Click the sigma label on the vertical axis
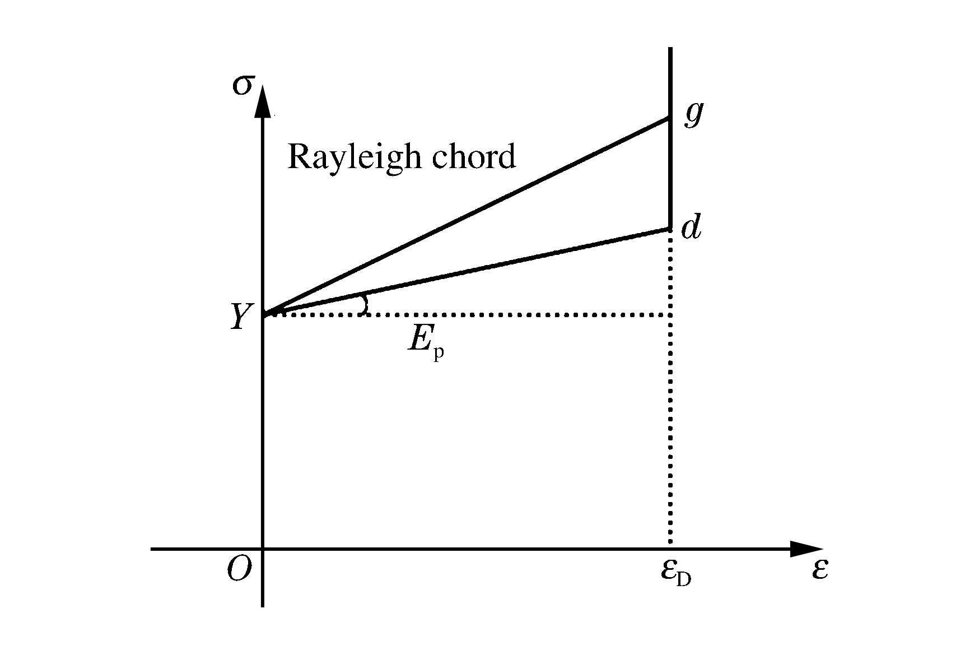pyautogui.click(x=240, y=87)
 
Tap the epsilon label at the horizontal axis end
pyautogui.click(x=819, y=570)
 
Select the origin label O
pyautogui.click(x=239, y=570)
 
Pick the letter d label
pyautogui.click(x=691, y=228)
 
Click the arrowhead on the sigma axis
pyautogui.click(x=263, y=101)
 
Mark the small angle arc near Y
pyautogui.click(x=365, y=304)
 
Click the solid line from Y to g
pyautogui.click(x=465, y=216)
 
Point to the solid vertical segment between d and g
pyautogui.click(x=670, y=174)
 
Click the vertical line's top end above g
pyautogui.click(x=670, y=50)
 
